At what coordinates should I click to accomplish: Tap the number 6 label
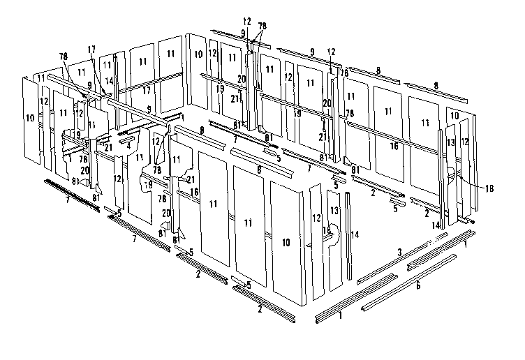[x=418, y=285]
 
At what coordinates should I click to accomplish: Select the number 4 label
[x=128, y=145]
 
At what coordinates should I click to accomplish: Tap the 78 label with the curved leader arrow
[x=64, y=56]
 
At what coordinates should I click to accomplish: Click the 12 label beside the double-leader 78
[x=246, y=21]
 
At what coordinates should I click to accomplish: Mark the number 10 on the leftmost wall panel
[x=29, y=119]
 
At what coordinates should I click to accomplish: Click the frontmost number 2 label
[x=260, y=308]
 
